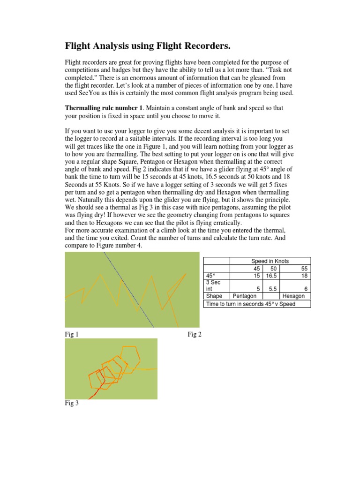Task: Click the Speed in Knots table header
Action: (x=270, y=261)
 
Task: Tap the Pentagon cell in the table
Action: (x=245, y=296)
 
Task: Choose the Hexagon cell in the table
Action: (x=293, y=296)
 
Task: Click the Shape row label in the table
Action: (x=214, y=296)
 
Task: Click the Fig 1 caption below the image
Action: (x=72, y=334)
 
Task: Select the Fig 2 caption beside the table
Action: (x=195, y=334)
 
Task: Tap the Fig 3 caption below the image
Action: (x=72, y=404)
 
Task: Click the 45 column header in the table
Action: (x=256, y=268)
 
